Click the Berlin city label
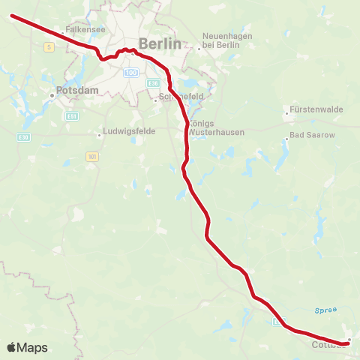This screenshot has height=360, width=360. click(160, 43)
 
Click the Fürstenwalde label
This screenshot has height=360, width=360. click(316, 109)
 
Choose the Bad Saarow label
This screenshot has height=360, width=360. click(313, 136)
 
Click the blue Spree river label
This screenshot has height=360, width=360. click(325, 309)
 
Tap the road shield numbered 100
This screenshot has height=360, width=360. click(131, 72)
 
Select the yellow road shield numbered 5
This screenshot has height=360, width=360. click(49, 46)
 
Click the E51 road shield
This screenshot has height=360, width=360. click(72, 116)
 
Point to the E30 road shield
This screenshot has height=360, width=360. click(23, 136)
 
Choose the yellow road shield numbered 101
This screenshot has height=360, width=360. click(91, 156)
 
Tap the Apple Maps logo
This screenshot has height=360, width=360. click(27, 347)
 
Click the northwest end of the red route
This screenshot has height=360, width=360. click(12, 15)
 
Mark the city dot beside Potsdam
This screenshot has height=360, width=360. click(52, 95)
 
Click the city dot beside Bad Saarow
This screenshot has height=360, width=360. click(286, 138)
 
